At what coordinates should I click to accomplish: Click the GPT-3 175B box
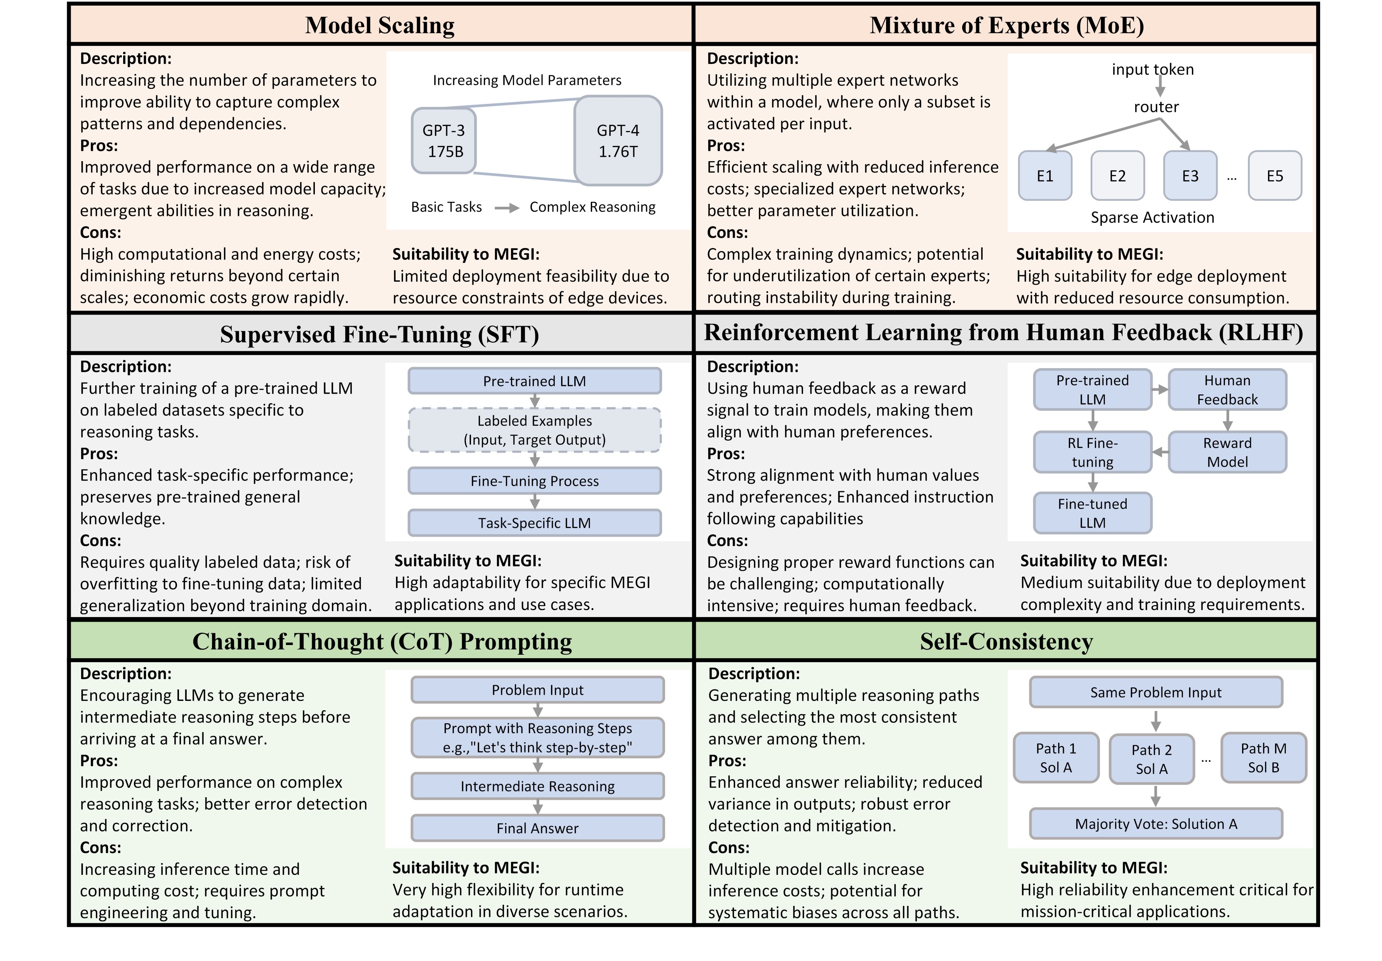[x=444, y=140]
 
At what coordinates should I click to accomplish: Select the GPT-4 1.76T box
[x=618, y=140]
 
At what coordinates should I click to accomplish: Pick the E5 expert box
[x=1275, y=176]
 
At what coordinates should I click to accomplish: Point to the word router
[x=1156, y=107]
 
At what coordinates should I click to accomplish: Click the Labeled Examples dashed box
[x=535, y=430]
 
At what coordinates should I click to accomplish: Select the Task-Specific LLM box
[x=535, y=523]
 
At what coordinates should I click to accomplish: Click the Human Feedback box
[x=1227, y=390]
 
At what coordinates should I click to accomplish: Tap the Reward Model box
[x=1227, y=452]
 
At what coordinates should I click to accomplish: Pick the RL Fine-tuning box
[x=1092, y=452]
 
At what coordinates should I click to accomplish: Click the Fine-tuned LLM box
[x=1092, y=513]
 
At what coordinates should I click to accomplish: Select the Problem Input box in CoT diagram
[x=538, y=690]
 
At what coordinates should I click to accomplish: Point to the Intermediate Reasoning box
[x=538, y=786]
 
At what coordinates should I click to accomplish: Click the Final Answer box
[x=538, y=828]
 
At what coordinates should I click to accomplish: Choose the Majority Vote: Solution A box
[x=1156, y=824]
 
